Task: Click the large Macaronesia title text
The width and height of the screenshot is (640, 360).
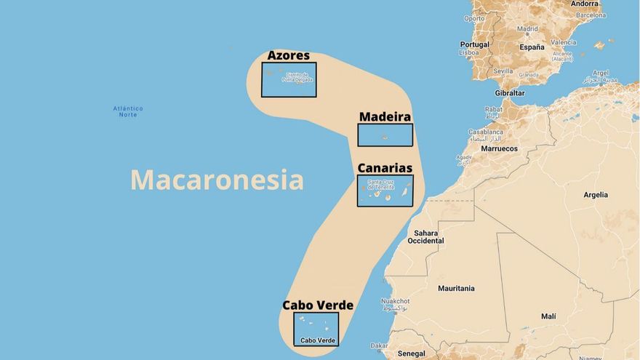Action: pyautogui.click(x=217, y=180)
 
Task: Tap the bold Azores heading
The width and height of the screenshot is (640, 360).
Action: pyautogui.click(x=288, y=55)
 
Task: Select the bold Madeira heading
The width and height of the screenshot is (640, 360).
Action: pyautogui.click(x=385, y=116)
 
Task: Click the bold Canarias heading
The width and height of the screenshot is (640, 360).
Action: pyautogui.click(x=385, y=168)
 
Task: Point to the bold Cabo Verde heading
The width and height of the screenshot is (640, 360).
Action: pyautogui.click(x=318, y=305)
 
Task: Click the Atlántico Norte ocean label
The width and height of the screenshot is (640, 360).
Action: pyautogui.click(x=128, y=111)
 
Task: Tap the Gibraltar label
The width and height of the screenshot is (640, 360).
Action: pyautogui.click(x=509, y=93)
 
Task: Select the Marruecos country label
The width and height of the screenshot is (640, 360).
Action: pyautogui.click(x=499, y=148)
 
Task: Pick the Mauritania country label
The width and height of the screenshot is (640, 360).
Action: pyautogui.click(x=456, y=289)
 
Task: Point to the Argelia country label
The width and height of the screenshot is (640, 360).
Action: pyautogui.click(x=596, y=195)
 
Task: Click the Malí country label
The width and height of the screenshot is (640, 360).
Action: pyautogui.click(x=548, y=316)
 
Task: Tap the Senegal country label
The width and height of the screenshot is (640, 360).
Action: pyautogui.click(x=412, y=353)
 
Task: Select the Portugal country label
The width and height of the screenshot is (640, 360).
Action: pyautogui.click(x=474, y=44)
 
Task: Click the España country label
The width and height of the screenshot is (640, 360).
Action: pyautogui.click(x=532, y=47)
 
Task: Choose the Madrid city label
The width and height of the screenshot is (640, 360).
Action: pyautogui.click(x=527, y=29)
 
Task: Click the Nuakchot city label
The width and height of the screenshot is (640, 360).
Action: pyautogui.click(x=395, y=301)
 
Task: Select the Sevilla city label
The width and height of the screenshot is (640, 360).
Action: pyautogui.click(x=503, y=71)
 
